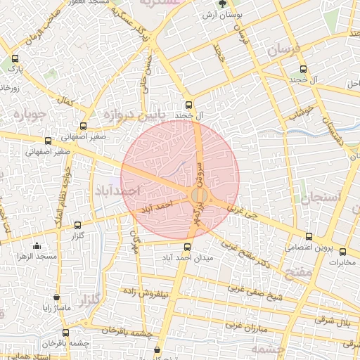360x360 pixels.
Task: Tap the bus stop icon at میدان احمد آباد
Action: [187, 247]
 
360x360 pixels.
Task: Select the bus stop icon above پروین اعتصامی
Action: [309, 236]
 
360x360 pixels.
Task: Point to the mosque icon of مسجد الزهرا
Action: [37, 246]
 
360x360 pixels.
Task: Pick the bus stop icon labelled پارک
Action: [15, 60]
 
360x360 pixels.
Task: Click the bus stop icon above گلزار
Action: [77, 226]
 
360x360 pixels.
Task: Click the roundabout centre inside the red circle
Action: [199, 195]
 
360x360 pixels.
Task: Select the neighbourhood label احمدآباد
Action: [117, 191]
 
